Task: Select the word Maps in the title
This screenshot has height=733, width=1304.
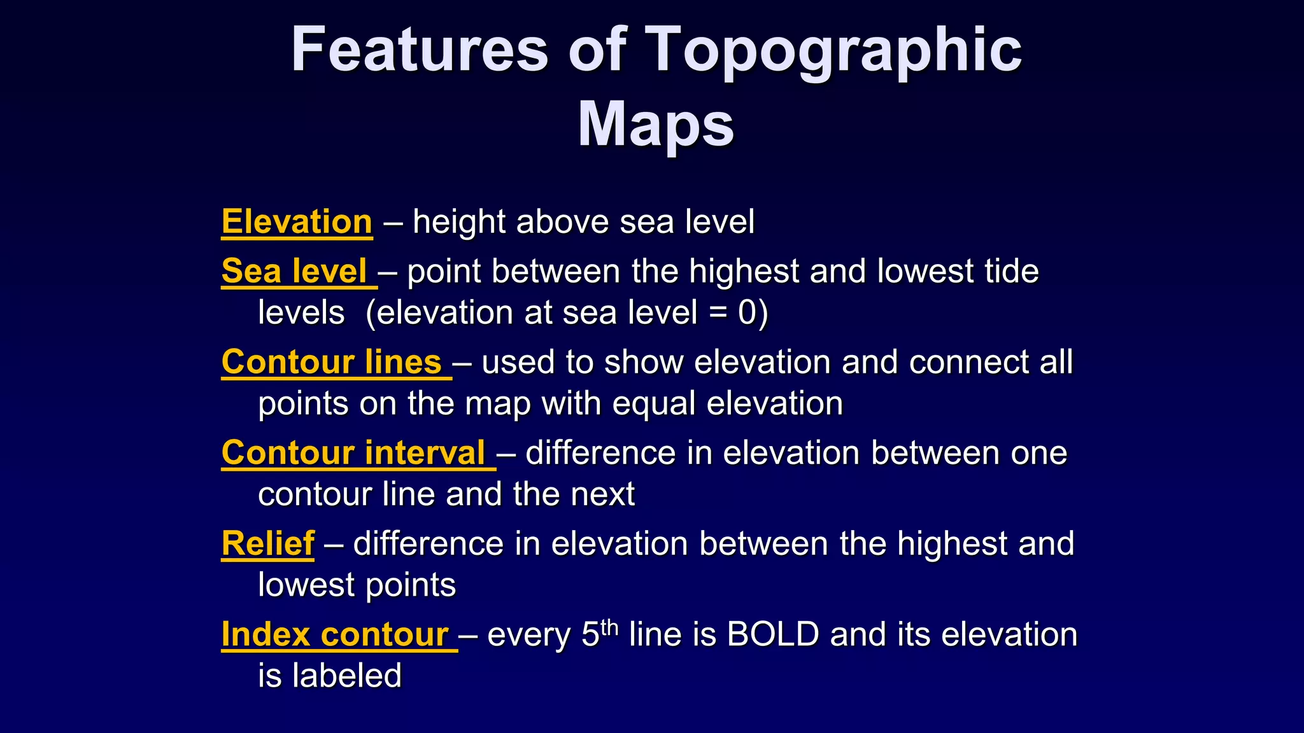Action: coord(656,124)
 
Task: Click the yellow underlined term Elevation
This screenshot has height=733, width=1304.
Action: coord(297,222)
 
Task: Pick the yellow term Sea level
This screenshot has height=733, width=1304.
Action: coord(294,271)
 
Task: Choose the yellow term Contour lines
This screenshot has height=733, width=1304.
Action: coord(332,362)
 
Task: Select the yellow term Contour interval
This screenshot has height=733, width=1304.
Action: coord(353,453)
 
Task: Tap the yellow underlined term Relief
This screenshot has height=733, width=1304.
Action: coord(268,544)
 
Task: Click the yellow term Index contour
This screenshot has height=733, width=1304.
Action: coord(335,635)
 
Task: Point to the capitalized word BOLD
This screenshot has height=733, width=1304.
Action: coord(772,634)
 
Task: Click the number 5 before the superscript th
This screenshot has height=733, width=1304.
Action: coord(590,635)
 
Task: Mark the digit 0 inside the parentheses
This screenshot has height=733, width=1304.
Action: coord(747,313)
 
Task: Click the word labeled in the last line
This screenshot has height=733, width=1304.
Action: coord(347,676)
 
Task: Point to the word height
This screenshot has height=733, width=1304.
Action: coord(459,223)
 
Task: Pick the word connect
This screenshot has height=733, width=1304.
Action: coord(967,363)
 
